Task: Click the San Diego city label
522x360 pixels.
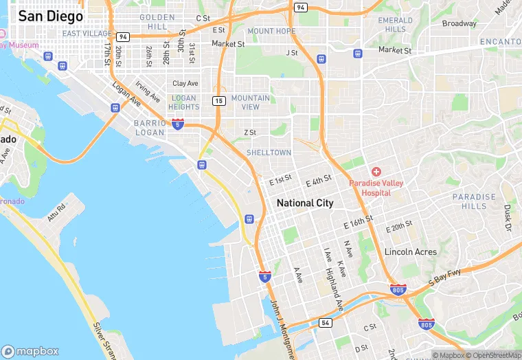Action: [50, 16]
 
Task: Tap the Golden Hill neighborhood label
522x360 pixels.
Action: [157, 21]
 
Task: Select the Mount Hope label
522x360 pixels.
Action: [271, 31]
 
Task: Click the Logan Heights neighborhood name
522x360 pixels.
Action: [183, 102]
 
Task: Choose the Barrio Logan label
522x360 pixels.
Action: [150, 128]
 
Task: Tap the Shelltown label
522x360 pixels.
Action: [269, 153]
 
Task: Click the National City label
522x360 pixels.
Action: [304, 203]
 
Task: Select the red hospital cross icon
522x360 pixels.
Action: [376, 170]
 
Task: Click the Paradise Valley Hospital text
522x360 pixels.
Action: [379, 188]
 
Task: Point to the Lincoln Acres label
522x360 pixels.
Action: [410, 252]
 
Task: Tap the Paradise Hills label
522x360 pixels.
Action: [473, 201]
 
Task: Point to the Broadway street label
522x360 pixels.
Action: [459, 23]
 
